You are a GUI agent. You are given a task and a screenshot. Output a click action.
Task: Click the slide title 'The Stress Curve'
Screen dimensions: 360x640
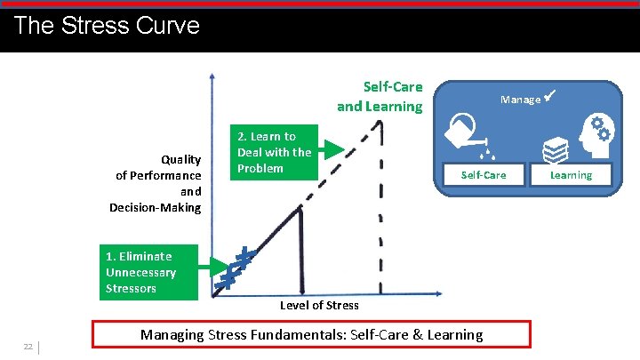(x=107, y=25)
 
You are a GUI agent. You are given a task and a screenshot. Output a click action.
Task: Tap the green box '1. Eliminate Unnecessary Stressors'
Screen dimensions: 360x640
(x=148, y=272)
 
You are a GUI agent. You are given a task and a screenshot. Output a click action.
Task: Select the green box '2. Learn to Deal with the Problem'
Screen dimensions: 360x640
(x=275, y=152)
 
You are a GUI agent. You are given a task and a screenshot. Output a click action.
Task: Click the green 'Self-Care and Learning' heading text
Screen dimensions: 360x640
(x=380, y=97)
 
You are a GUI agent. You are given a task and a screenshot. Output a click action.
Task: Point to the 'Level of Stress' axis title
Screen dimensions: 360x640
(x=319, y=305)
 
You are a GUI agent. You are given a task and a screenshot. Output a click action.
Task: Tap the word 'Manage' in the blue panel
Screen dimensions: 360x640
(x=520, y=100)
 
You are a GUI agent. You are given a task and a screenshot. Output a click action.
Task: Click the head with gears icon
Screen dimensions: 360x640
(x=589, y=138)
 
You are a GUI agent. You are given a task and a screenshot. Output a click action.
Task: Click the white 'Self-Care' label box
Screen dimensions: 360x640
(x=483, y=175)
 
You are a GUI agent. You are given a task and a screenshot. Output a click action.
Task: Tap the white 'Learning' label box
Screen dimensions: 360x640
(x=570, y=175)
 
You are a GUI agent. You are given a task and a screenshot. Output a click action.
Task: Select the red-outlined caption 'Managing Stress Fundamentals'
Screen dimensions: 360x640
(x=311, y=334)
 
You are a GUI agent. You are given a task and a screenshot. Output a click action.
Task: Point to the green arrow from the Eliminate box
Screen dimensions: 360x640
(x=213, y=264)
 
